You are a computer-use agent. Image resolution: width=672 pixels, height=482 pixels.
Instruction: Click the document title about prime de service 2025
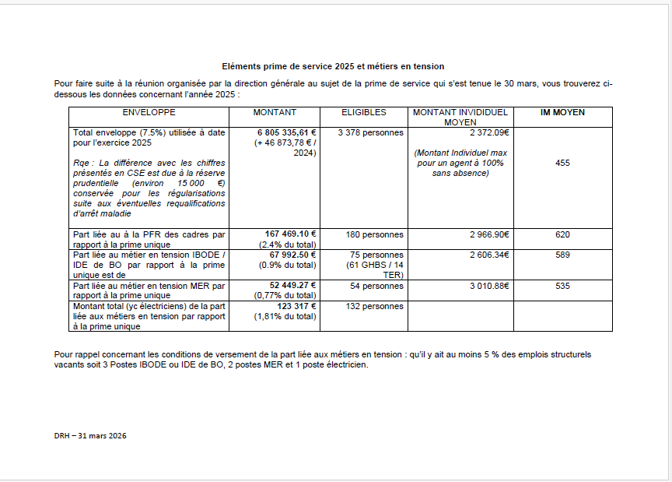pyautogui.click(x=333, y=67)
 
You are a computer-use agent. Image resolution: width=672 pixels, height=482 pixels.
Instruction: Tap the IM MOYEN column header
pyautogui.click(x=562, y=113)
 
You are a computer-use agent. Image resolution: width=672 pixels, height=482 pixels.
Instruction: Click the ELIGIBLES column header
pyautogui.click(x=363, y=113)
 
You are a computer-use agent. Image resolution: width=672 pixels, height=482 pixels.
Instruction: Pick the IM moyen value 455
pyautogui.click(x=562, y=163)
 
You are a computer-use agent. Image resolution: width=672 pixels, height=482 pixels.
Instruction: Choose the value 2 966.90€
pyautogui.click(x=488, y=234)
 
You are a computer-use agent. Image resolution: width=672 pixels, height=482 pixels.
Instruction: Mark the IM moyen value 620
pyautogui.click(x=562, y=234)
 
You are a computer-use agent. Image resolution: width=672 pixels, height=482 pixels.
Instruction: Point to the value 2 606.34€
pyautogui.click(x=488, y=255)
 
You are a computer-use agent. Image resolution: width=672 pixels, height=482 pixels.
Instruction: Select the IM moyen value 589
pyautogui.click(x=562, y=255)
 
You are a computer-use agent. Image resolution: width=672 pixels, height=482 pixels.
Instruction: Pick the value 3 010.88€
pyautogui.click(x=488, y=286)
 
